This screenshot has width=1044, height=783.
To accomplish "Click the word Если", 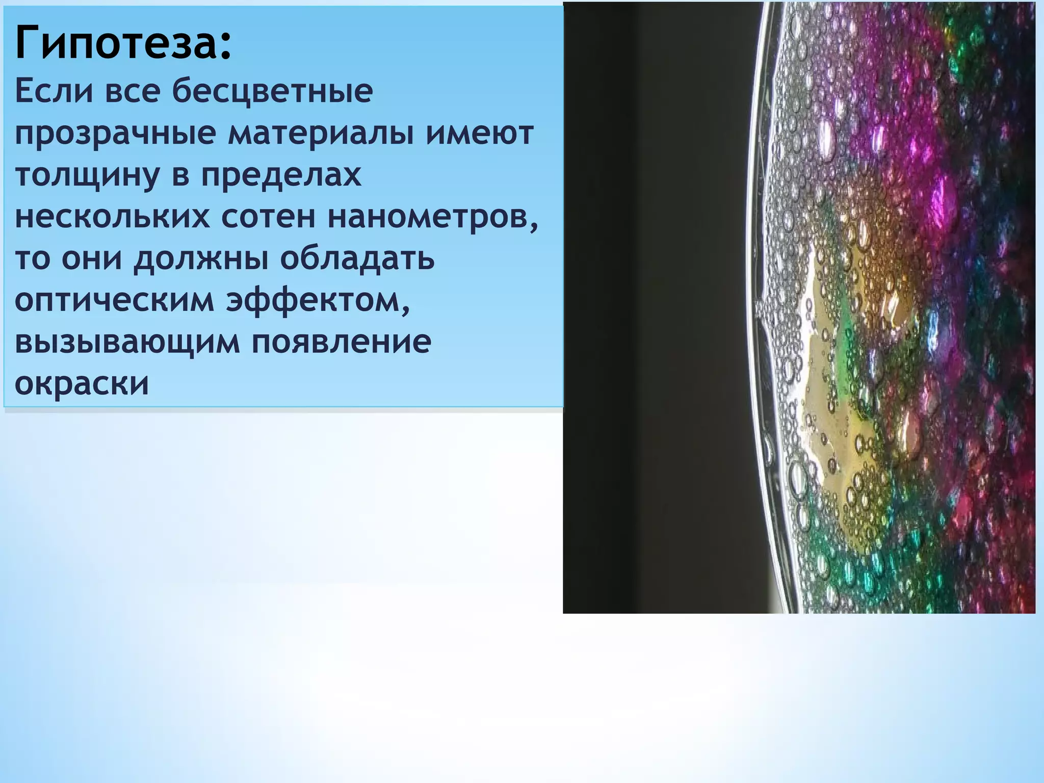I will tap(53, 92).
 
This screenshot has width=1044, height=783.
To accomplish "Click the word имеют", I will tap(479, 134).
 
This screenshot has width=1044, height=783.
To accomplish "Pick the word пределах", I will tap(280, 175).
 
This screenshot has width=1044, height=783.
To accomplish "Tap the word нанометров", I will tap(432, 218).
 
